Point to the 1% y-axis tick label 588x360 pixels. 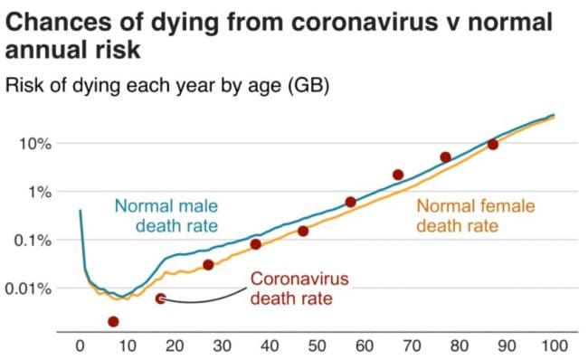[x=38, y=193]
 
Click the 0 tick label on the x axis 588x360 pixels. [x=80, y=345]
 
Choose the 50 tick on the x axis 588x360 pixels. [x=317, y=345]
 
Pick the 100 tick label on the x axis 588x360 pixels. [x=554, y=345]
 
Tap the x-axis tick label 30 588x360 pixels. [x=222, y=345]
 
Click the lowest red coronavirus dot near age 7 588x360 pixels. [x=113, y=321]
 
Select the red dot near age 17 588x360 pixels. [x=160, y=298]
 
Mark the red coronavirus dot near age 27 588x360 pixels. [x=208, y=265]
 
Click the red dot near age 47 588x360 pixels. [x=303, y=232]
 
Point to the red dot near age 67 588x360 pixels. [x=398, y=175]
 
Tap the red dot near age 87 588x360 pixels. [x=493, y=145]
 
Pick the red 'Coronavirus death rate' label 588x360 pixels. [x=299, y=289]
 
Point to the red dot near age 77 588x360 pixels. [x=445, y=157]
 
